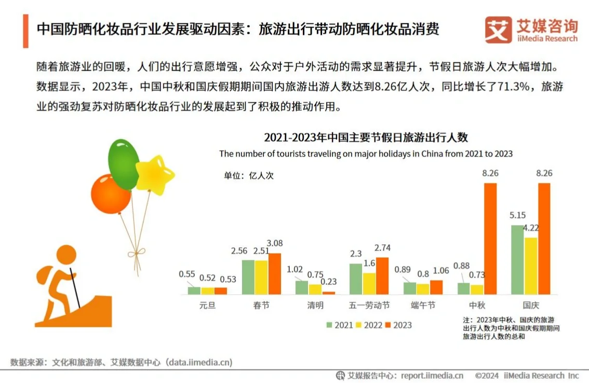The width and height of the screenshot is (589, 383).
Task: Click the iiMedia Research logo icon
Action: click(498, 30)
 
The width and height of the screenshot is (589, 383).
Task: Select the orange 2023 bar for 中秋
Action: click(490, 239)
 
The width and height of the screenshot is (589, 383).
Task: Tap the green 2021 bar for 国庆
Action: click(517, 260)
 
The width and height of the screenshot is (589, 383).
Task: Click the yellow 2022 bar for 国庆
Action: click(531, 266)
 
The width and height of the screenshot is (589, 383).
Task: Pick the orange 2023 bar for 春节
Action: click(274, 274)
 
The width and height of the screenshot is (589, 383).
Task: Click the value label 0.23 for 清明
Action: click(328, 282)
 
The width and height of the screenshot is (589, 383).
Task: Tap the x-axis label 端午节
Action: click(423, 305)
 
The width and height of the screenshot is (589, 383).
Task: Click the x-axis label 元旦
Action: click(207, 305)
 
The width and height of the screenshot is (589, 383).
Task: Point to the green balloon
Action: click(124, 164)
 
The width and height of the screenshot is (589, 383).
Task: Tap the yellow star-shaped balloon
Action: click(154, 174)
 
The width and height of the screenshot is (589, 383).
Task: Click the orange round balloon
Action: click(111, 193)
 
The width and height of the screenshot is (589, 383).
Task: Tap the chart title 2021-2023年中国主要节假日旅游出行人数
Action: click(366, 137)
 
